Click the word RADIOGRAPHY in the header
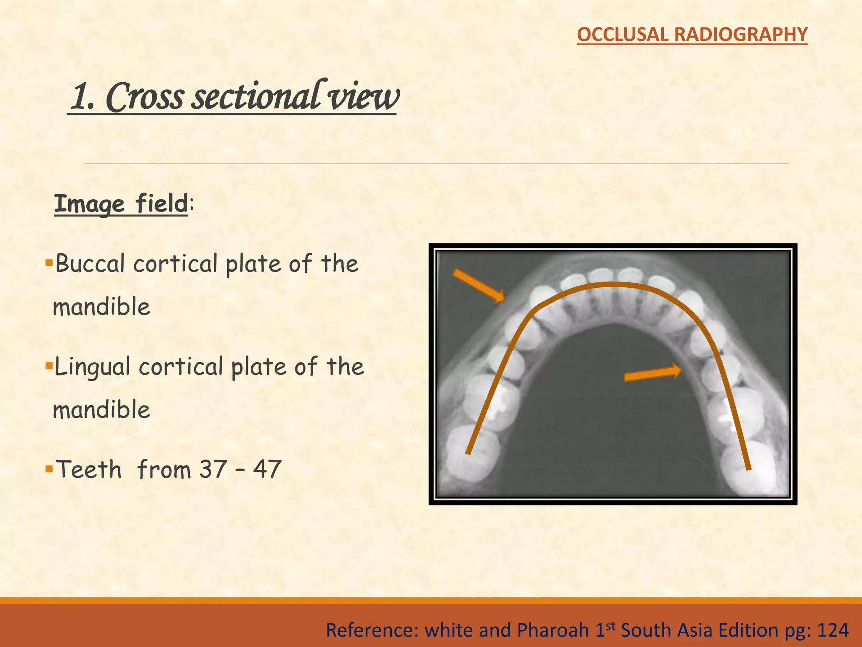741,34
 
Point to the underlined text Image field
121,204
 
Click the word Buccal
90,264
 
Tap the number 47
267,469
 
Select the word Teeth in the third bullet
89,469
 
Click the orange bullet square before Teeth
48,467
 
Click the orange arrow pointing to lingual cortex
653,373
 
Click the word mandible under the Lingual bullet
101,410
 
